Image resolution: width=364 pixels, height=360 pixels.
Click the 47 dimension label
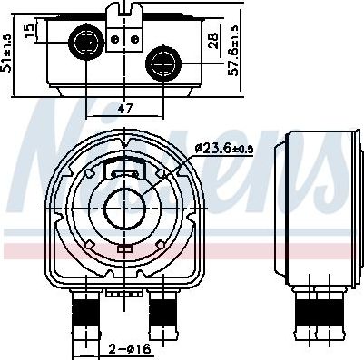pos(125,108)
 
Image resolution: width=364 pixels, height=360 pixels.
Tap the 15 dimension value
pos(29,31)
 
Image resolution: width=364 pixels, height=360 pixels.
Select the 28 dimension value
pos(213,41)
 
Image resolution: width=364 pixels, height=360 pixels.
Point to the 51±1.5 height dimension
pos(6,53)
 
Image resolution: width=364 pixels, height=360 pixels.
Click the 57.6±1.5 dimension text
pos(233,50)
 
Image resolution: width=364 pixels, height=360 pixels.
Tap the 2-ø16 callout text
pos(130,349)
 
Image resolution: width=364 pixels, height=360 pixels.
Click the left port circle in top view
pos(86,41)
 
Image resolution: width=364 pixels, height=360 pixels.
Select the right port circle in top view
pos(163,63)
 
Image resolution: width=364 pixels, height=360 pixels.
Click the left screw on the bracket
pos(115,39)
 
